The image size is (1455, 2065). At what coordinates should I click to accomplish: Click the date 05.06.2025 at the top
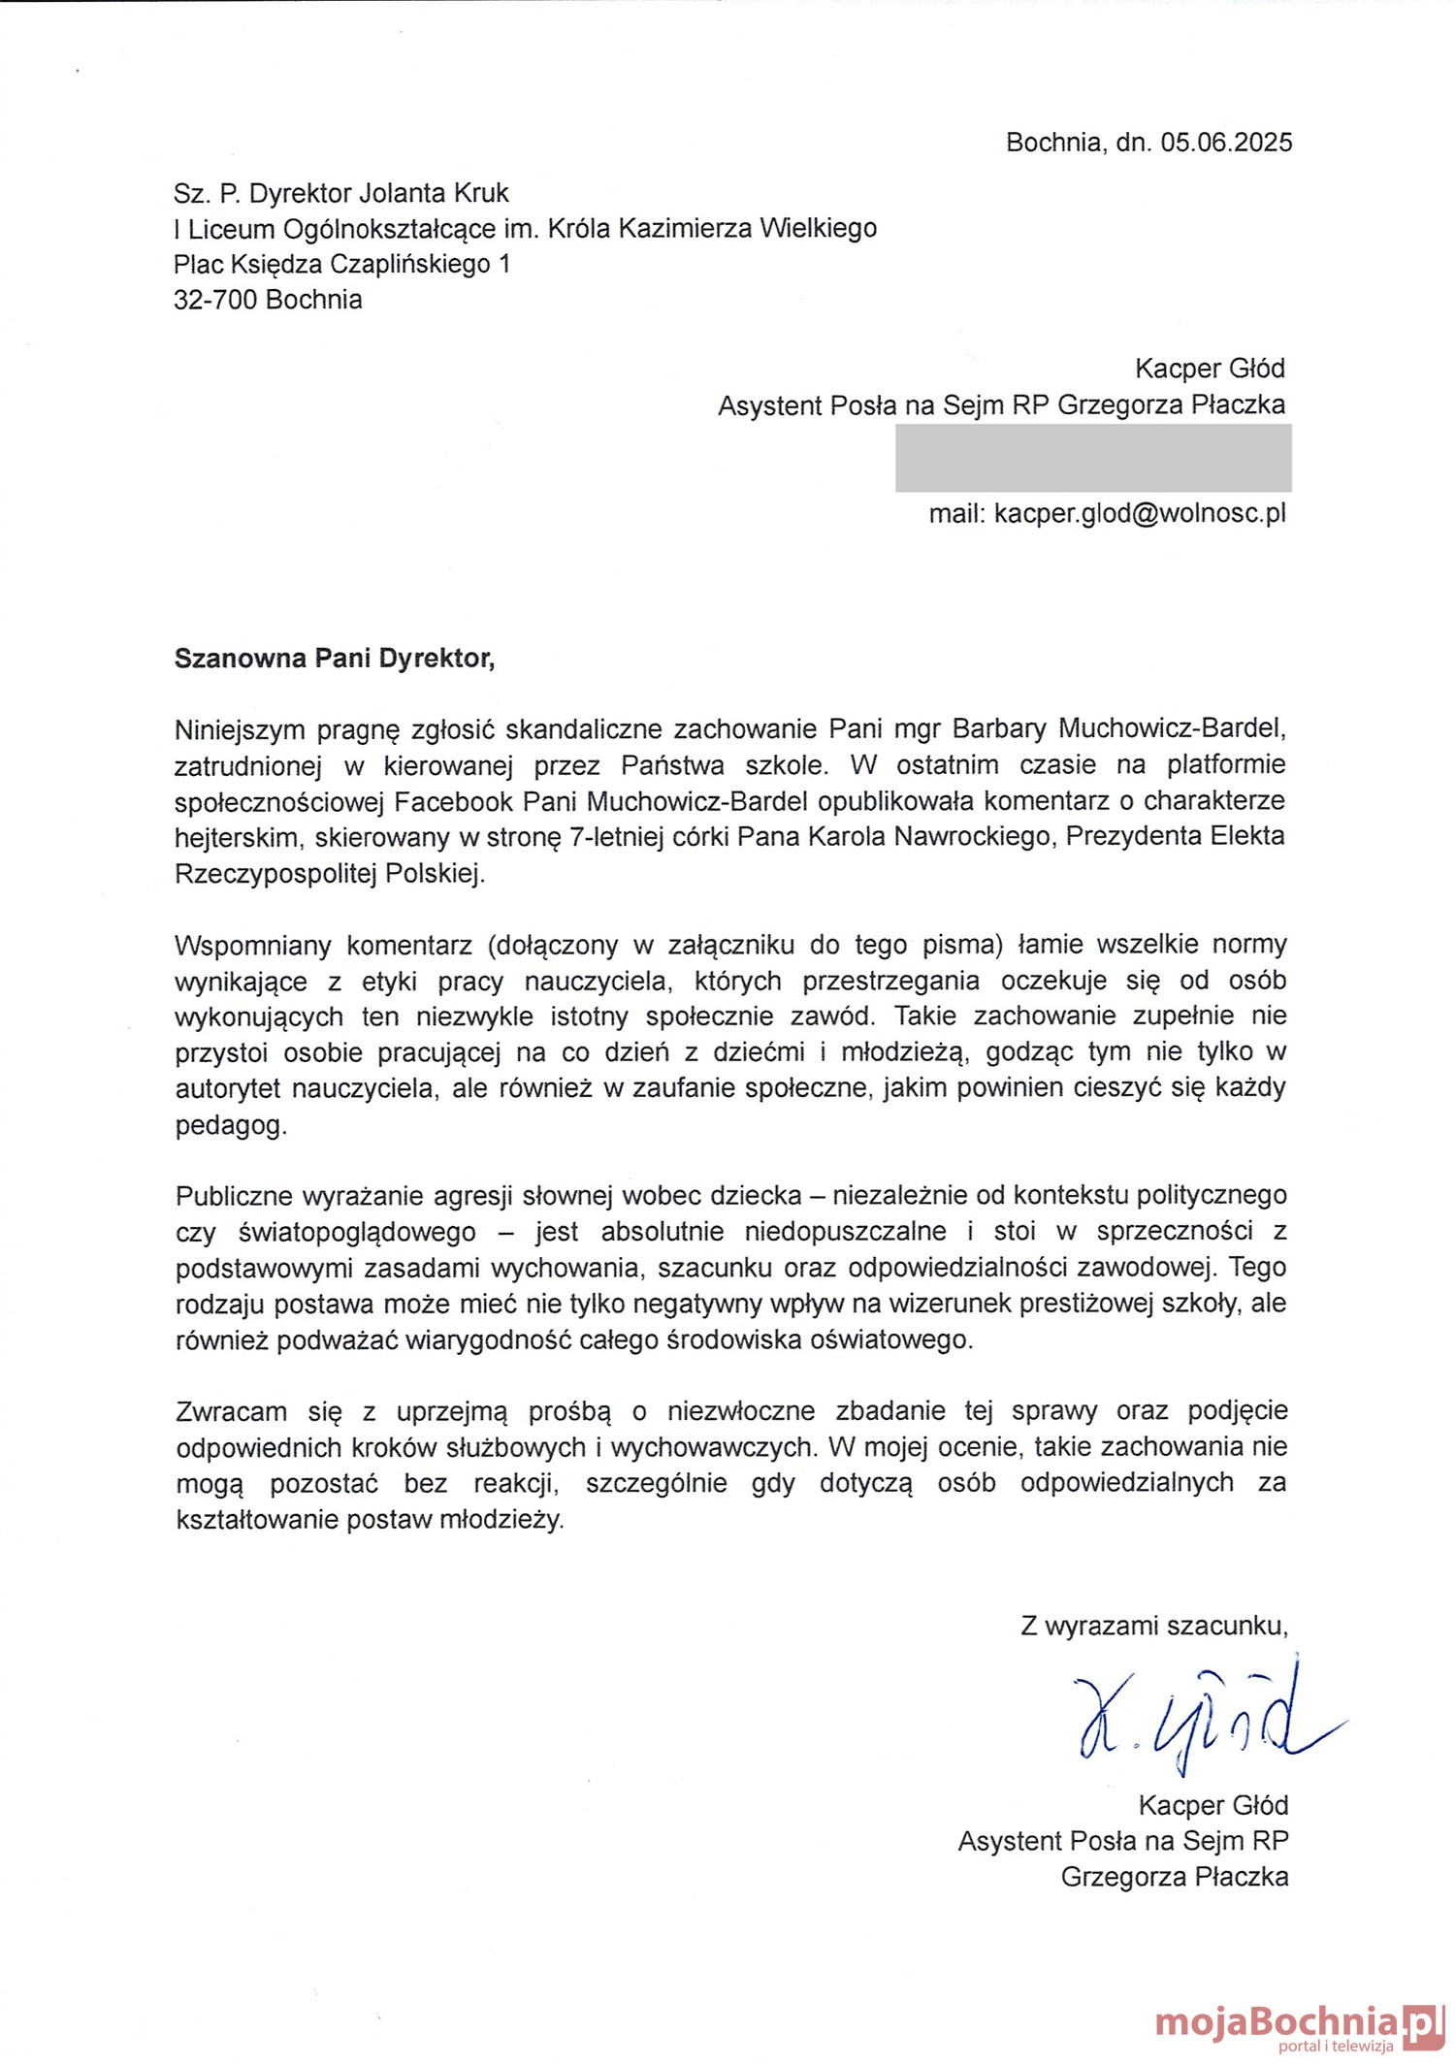pos(1226,143)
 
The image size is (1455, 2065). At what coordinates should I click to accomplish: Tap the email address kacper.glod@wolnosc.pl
pos(1140,513)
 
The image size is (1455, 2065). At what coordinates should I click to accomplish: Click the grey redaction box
pos(1093,459)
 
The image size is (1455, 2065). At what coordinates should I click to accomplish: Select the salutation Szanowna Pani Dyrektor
pos(334,659)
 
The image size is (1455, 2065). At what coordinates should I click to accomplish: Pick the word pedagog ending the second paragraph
pos(230,1125)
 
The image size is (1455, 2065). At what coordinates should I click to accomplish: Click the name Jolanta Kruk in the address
pos(434,193)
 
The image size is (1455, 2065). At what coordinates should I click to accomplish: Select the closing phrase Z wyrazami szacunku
pos(1153,1626)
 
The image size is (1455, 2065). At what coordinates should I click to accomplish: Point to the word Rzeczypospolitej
pos(275,874)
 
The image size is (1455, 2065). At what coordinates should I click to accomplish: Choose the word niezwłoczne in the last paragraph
pos(741,1410)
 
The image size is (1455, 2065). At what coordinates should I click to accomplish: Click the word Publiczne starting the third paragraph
pos(237,1195)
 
